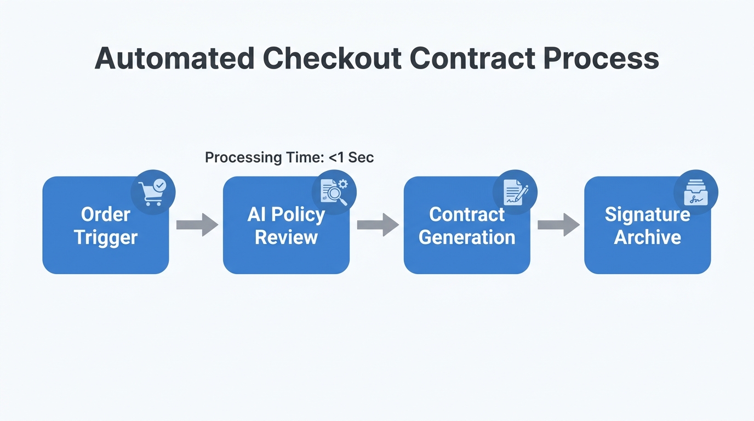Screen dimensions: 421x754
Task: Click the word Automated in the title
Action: (x=174, y=58)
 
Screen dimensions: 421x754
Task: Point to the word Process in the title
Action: (x=601, y=58)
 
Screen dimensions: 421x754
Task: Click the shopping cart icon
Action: (x=153, y=192)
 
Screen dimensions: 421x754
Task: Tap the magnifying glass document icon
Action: (x=334, y=192)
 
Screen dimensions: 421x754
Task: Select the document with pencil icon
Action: (x=515, y=192)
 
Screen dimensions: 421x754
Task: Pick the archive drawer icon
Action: (x=695, y=192)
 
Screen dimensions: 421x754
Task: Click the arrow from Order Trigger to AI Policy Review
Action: (x=197, y=225)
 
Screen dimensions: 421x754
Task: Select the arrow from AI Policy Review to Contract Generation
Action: (x=378, y=225)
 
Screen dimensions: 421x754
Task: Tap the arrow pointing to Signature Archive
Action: (x=558, y=225)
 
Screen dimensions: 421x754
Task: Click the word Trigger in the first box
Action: (x=106, y=238)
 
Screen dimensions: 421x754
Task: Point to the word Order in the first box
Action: (x=106, y=214)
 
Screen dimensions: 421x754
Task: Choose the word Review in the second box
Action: (x=286, y=238)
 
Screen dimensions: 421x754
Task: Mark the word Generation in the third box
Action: (x=467, y=238)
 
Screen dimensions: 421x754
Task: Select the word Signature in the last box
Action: (x=647, y=214)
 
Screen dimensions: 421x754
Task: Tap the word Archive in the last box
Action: (x=647, y=238)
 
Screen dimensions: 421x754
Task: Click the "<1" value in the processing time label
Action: (x=336, y=158)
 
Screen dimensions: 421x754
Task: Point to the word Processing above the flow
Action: (x=243, y=158)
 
